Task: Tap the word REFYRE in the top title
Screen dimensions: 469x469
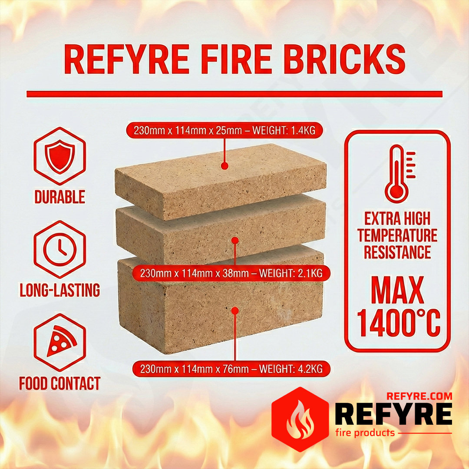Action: [127, 59]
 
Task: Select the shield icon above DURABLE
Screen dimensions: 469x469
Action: [60, 156]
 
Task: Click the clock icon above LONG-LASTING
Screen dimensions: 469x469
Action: [60, 249]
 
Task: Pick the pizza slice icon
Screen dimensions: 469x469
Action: [62, 341]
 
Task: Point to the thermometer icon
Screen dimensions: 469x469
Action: [400, 174]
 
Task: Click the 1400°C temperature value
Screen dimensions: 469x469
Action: [399, 323]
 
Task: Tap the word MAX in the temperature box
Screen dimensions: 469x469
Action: [397, 290]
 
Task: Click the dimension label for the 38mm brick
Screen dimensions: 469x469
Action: [231, 273]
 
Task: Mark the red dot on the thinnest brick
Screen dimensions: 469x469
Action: [225, 166]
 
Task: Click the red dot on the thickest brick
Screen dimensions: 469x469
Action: [235, 311]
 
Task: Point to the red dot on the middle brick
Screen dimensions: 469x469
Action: [235, 241]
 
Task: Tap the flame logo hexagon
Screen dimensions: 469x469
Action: [300, 419]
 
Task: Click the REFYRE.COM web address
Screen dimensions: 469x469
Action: [419, 396]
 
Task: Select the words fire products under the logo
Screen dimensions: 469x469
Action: [365, 433]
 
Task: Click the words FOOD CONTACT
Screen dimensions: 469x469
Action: [60, 383]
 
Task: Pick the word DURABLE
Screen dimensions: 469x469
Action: [60, 197]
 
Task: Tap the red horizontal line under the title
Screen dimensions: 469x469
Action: [234, 94]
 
